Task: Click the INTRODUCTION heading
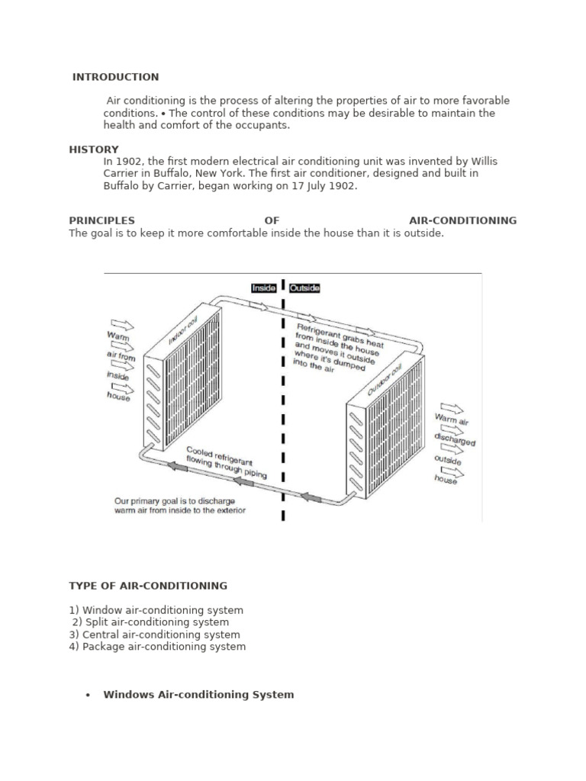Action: [x=116, y=77]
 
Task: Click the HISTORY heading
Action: [x=94, y=149]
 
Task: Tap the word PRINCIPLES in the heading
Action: [x=101, y=220]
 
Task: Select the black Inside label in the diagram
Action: [x=264, y=288]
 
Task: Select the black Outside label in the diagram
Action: [x=304, y=288]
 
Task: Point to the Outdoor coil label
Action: [x=385, y=380]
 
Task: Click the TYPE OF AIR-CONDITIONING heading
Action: [x=148, y=586]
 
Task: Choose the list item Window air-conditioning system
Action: [x=163, y=610]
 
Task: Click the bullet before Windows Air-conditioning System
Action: [x=89, y=695]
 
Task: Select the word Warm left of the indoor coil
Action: [x=118, y=336]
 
